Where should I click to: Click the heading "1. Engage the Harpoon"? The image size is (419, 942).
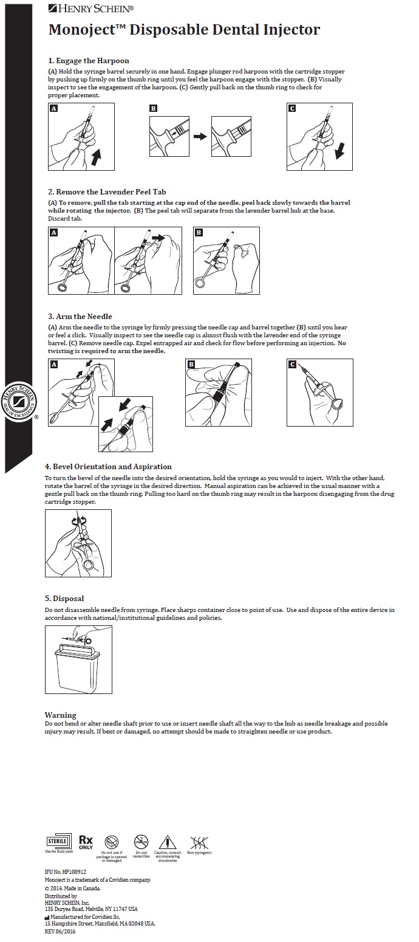click(89, 61)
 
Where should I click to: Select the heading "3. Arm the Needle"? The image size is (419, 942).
click(80, 317)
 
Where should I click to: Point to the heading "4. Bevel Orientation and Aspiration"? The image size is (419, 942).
click(108, 467)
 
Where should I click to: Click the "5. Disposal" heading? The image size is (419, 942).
click(64, 599)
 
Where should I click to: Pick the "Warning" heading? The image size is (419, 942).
click(61, 715)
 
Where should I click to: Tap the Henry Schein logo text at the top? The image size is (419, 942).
click(92, 8)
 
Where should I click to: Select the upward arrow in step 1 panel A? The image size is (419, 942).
click(95, 159)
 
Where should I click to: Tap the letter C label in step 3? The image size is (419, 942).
click(293, 365)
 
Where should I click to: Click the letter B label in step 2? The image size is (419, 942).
click(199, 233)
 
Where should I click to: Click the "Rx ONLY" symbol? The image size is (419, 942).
click(86, 842)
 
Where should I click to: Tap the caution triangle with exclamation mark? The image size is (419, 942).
click(167, 842)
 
